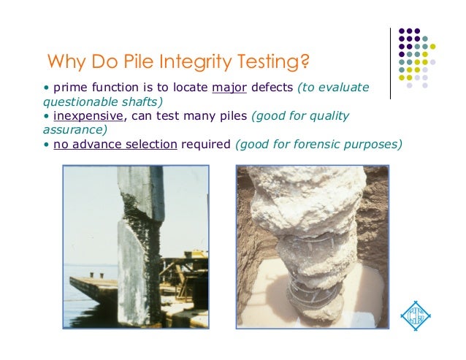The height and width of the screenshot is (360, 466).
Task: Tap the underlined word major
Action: (x=229, y=88)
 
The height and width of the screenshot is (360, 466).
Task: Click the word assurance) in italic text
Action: (x=75, y=130)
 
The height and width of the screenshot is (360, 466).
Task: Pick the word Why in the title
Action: (x=65, y=60)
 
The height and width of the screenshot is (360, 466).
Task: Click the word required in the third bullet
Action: (x=205, y=144)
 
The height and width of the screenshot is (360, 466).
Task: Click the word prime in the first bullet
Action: (x=65, y=88)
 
